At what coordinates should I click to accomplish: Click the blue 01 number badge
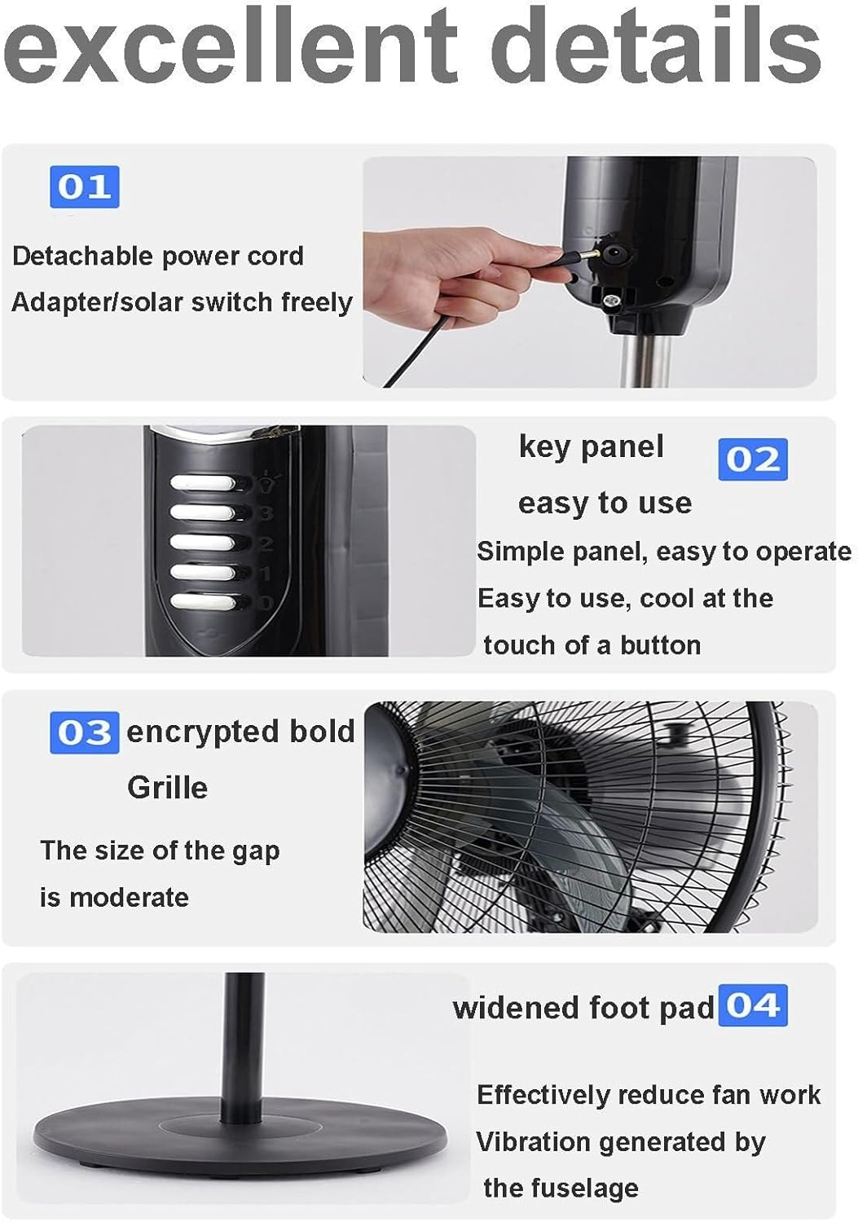84,187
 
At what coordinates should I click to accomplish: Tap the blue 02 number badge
752,459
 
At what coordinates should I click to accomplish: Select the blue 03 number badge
84,732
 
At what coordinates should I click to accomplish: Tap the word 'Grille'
167,788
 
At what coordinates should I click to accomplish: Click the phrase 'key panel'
591,446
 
